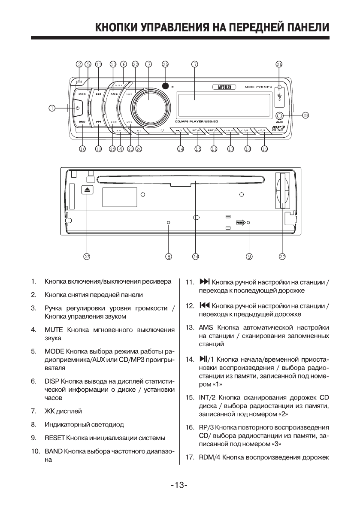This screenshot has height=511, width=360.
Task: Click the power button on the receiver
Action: point(77,108)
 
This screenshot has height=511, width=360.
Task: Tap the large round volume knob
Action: point(148,103)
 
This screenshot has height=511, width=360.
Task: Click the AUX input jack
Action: point(280,115)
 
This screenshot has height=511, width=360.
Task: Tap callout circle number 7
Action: point(194,64)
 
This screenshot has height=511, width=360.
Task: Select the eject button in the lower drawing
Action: point(87,190)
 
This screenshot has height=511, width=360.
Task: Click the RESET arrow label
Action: point(240,222)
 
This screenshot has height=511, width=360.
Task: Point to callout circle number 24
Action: point(196,257)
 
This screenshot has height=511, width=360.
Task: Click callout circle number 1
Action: point(52,108)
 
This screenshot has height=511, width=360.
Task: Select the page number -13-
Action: point(180,485)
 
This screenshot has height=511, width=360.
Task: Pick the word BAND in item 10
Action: point(54,452)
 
